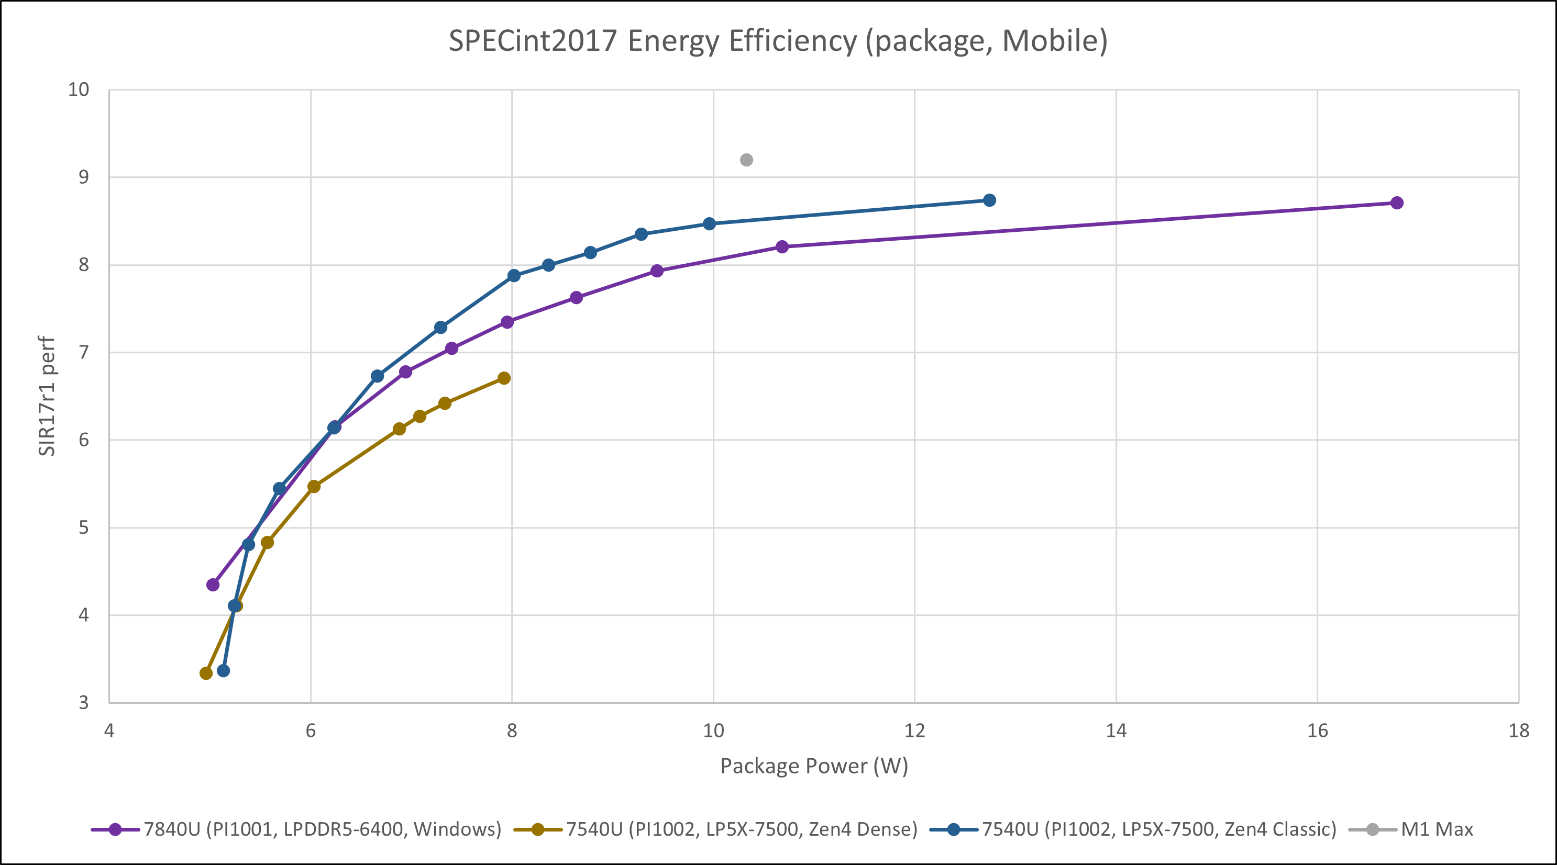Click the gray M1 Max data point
tap(746, 160)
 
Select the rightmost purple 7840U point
tap(1397, 203)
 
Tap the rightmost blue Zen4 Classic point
tap(989, 200)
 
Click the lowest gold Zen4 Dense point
tap(206, 673)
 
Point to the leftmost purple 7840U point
tap(213, 585)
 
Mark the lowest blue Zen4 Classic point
tap(223, 670)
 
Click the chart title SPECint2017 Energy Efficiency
tap(778, 41)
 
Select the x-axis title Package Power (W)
tap(813, 766)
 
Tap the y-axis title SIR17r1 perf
tap(47, 396)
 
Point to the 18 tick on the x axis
tap(1519, 731)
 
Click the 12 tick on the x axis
tap(914, 731)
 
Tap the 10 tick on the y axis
tap(79, 90)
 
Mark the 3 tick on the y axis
tap(83, 702)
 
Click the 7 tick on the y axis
tap(83, 352)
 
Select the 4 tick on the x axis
tap(109, 731)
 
